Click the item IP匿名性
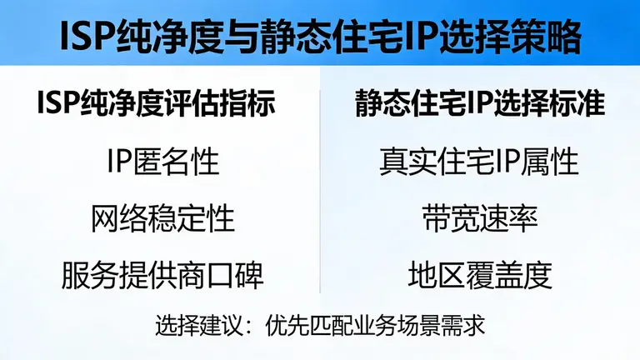pyautogui.click(x=163, y=161)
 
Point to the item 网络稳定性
pyautogui.click(x=163, y=218)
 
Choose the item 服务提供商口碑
pyautogui.click(x=163, y=276)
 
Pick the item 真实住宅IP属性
pyautogui.click(x=480, y=161)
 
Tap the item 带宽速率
pyautogui.click(x=480, y=218)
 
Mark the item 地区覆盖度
pyautogui.click(x=480, y=276)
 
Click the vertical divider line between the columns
pyautogui.click(x=321, y=192)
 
